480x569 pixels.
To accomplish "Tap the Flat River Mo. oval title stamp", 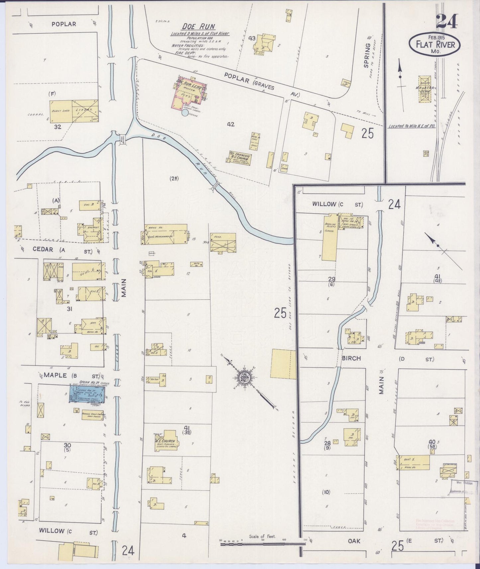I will point(434,44).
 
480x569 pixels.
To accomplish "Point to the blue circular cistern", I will point(185,113).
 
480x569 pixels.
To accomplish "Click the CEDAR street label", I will point(44,249).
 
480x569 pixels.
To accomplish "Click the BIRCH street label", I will point(351,359).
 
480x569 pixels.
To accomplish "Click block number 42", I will point(231,124).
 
